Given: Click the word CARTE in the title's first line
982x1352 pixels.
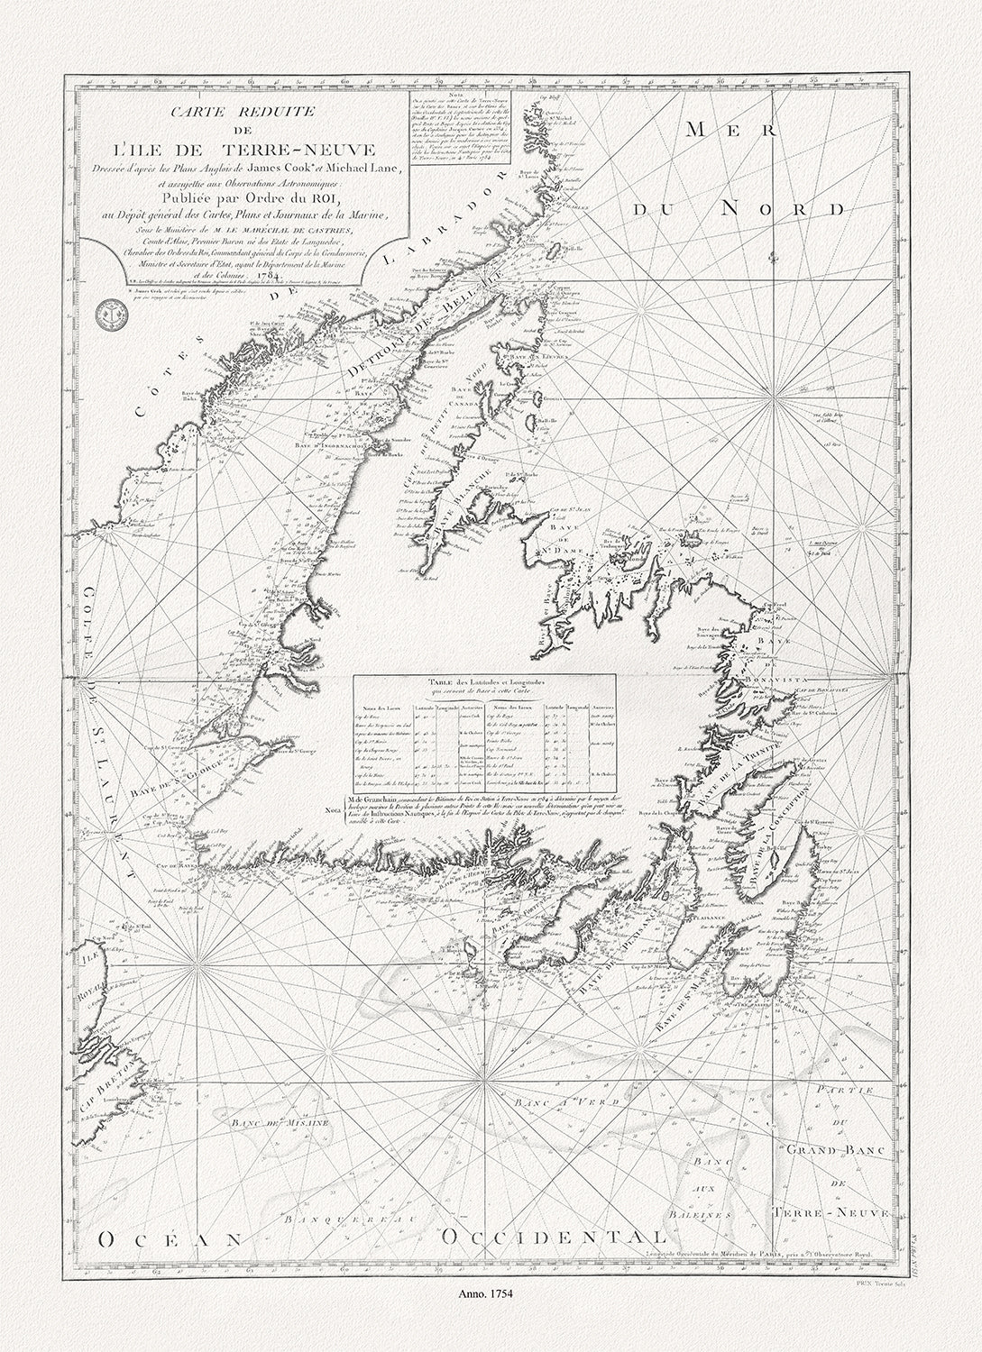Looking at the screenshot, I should point(199,113).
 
